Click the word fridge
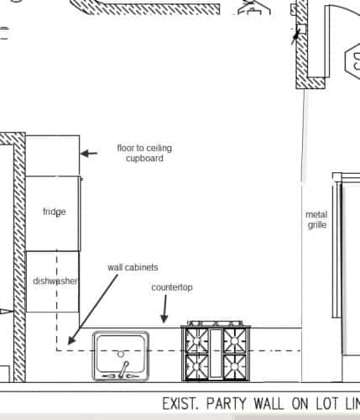point(55,212)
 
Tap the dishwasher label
point(55,281)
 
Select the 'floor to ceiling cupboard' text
point(144,153)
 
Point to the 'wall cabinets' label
point(133,267)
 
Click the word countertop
point(172,287)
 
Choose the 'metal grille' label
point(316,219)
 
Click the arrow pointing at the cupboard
point(89,153)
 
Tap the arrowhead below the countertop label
point(164,318)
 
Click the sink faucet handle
point(123,369)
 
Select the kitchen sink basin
point(121,356)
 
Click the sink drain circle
point(121,354)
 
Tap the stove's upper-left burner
point(196,340)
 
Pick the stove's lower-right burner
point(234,366)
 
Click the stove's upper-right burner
point(234,340)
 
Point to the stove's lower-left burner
point(196,366)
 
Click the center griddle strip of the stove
point(216,353)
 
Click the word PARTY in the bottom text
point(226,404)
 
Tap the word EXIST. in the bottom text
point(180,404)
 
